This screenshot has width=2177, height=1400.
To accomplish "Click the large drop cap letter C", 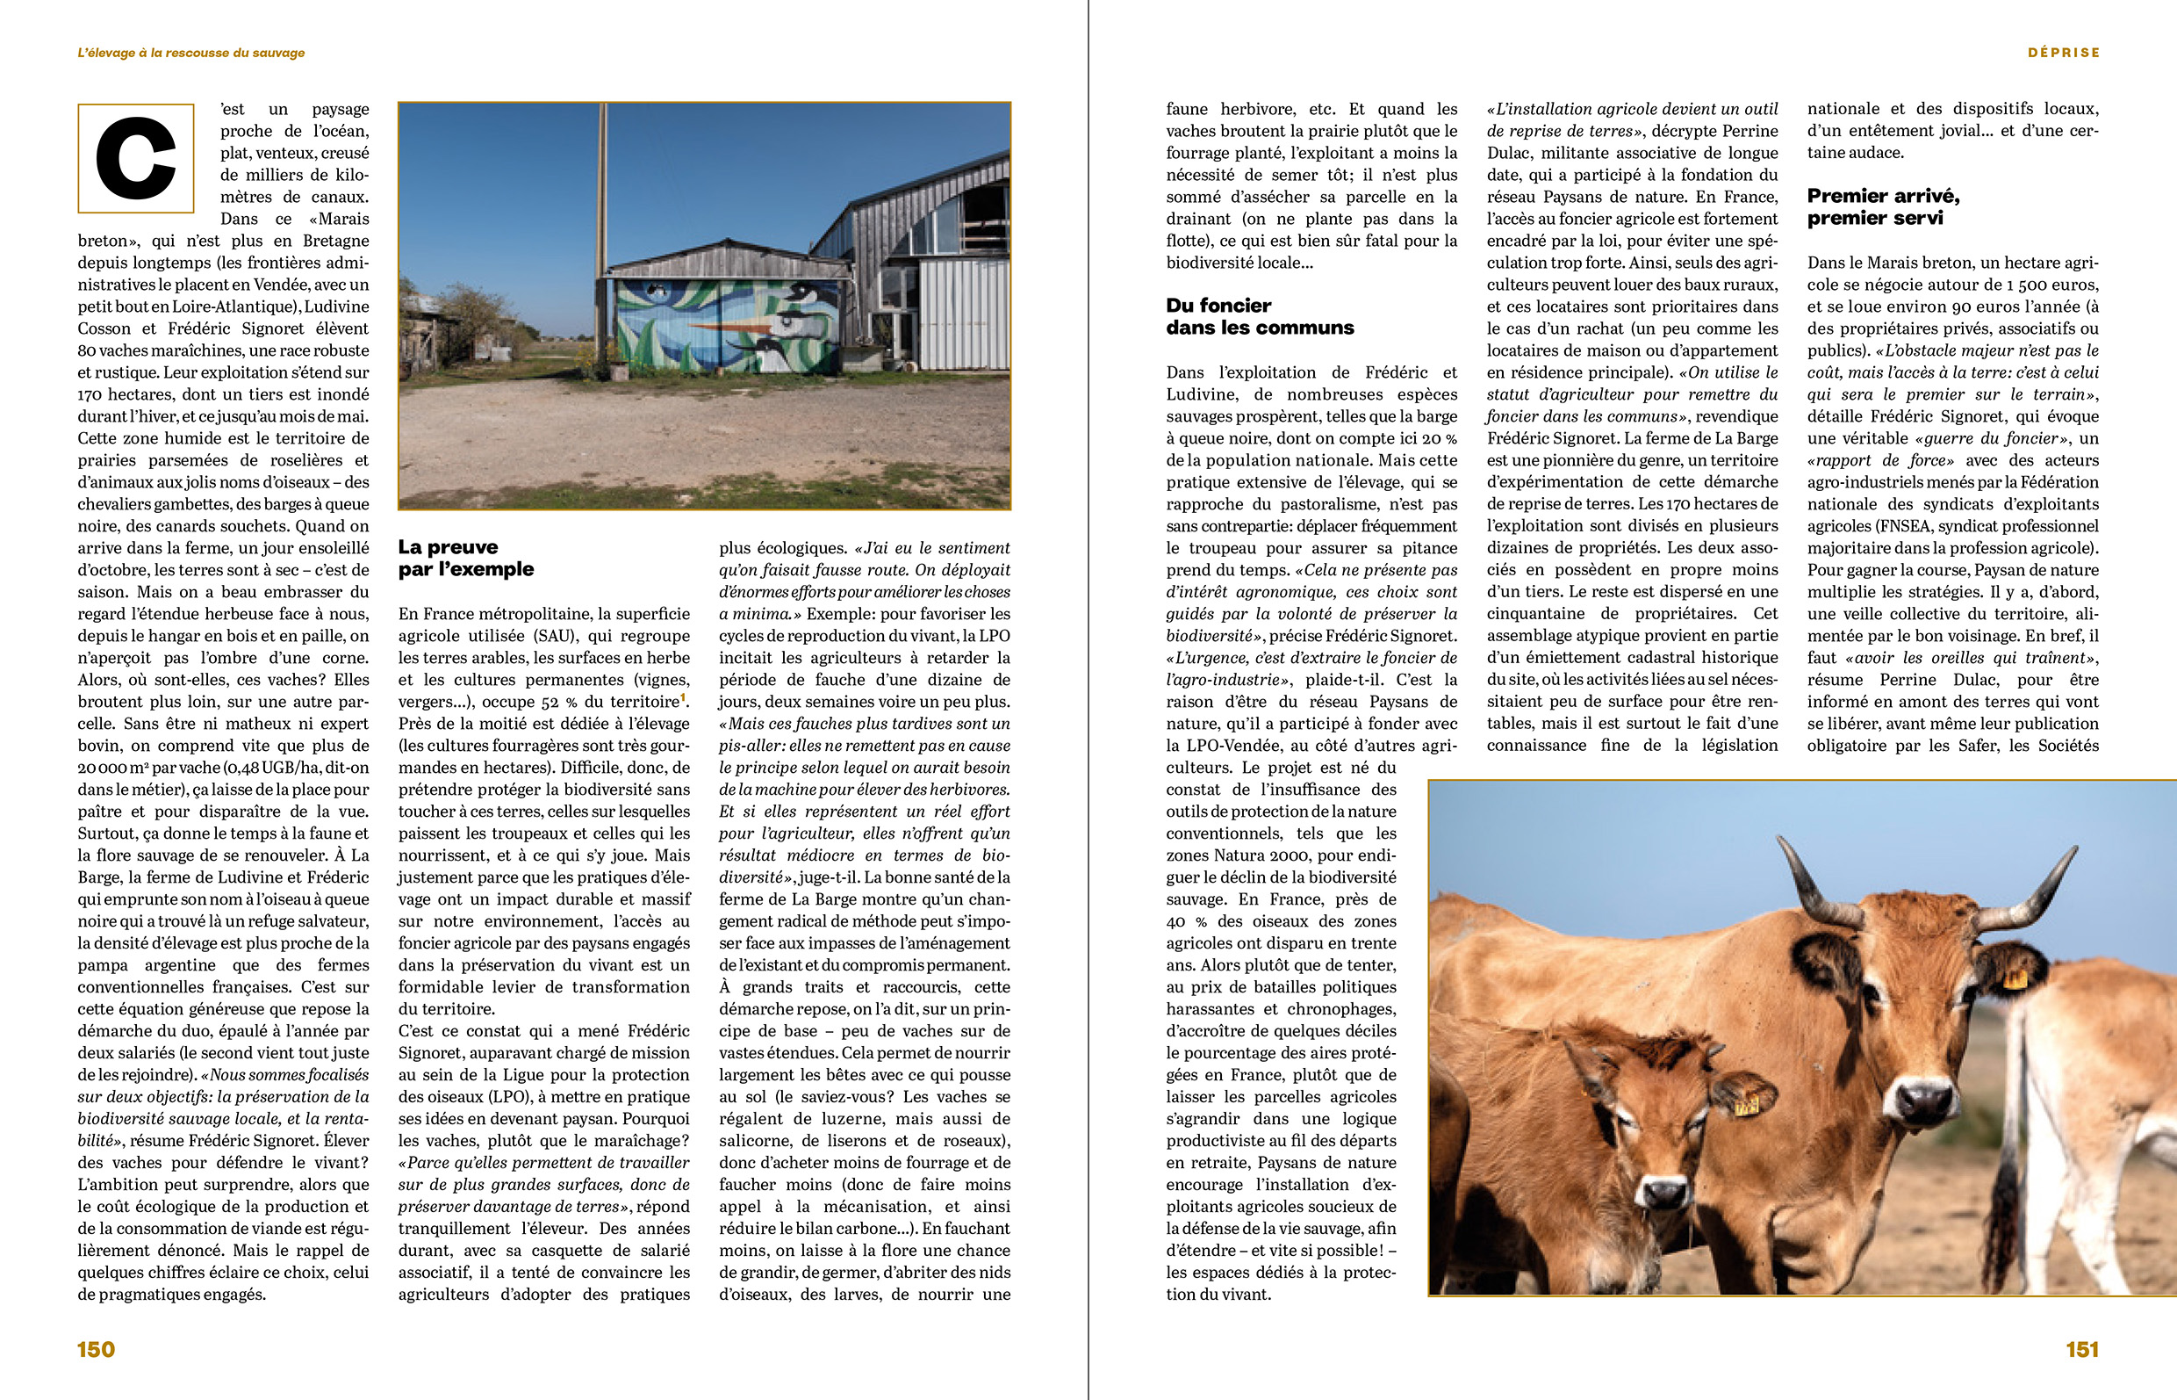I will click(136, 158).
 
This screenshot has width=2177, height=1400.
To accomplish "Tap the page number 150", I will click(97, 1349).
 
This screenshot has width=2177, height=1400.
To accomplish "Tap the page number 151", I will click(2081, 1349).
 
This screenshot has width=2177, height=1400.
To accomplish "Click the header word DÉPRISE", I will click(2064, 53).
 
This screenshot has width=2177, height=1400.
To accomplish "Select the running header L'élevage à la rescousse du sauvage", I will click(190, 53).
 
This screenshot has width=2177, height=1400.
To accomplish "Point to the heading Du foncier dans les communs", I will click(1260, 316).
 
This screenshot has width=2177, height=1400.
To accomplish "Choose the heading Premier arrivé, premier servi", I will click(1883, 206).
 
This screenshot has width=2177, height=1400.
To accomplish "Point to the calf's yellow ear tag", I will click(1745, 1107).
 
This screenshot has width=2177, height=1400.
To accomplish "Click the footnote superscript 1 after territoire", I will click(684, 697).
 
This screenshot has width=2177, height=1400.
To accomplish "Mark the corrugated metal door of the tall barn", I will click(963, 314).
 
